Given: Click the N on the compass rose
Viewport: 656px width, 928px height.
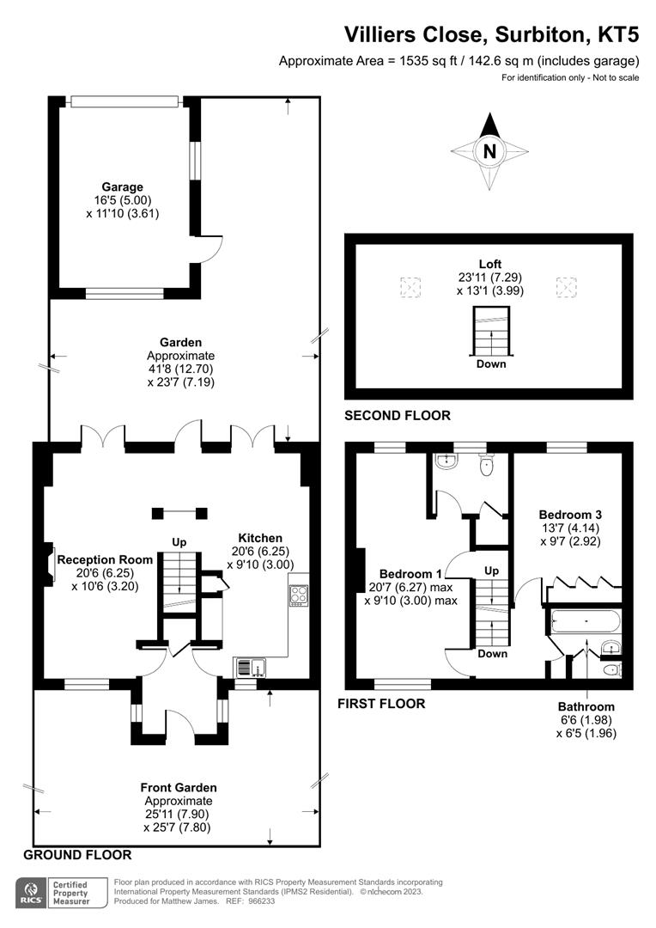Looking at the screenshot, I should pos(489,152).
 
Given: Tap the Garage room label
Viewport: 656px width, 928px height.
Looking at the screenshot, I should pos(123,186).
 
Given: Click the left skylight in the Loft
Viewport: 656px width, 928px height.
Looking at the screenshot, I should pos(410,286).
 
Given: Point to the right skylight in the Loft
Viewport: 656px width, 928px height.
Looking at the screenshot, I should pos(567,286).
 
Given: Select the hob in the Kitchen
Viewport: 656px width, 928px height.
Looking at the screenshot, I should pos(299,595).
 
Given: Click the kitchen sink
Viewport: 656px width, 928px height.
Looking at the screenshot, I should pos(251,667).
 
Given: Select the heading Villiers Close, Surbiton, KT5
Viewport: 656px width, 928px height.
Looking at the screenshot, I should pos(491,34).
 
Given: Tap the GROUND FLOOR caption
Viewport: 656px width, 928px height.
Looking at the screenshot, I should pos(77,855).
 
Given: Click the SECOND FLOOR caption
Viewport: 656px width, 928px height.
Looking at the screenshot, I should pos(397,416).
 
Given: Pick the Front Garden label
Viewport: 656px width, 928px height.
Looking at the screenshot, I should pos(179,787).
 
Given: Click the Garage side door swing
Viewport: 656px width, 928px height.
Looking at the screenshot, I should pos(210,248).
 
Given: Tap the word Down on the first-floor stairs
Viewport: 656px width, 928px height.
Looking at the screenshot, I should pos(492,654).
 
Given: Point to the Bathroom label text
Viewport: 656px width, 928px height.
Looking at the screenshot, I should pos(586,707).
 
